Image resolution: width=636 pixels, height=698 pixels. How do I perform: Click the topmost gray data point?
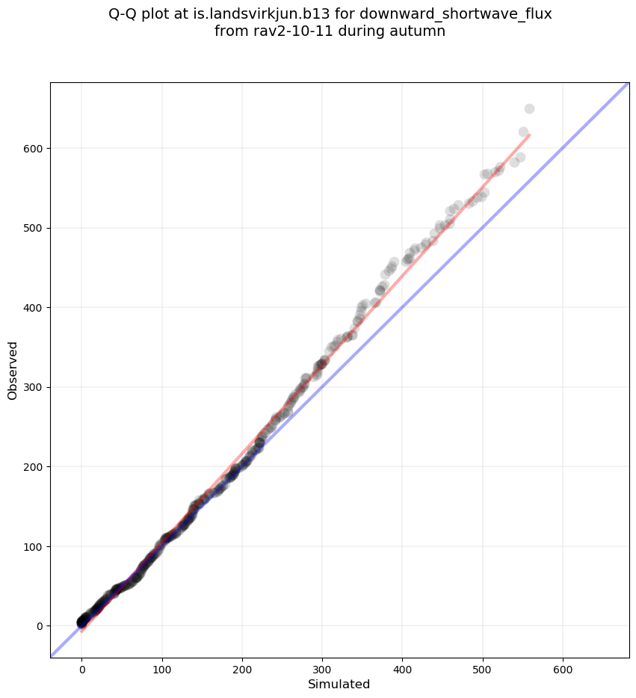529,108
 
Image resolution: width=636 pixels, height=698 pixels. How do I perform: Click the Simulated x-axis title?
339,684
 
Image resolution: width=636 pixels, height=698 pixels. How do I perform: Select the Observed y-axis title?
13,370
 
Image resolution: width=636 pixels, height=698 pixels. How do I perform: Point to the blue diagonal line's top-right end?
628,83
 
